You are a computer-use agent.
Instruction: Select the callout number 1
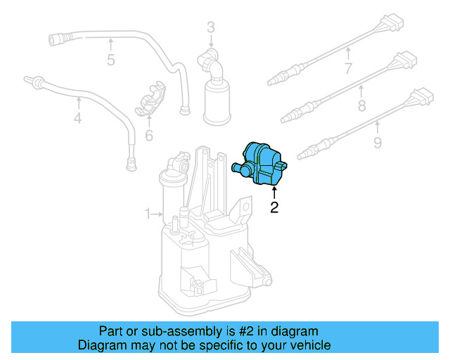(148, 213)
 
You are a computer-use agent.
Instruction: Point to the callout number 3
(210, 28)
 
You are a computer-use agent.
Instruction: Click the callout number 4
(77, 119)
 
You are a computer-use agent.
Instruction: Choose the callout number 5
(110, 60)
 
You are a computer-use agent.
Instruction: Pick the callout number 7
(347, 68)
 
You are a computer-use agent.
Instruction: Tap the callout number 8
(361, 107)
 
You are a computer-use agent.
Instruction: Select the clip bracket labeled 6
(150, 100)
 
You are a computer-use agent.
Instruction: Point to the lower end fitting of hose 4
(129, 165)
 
